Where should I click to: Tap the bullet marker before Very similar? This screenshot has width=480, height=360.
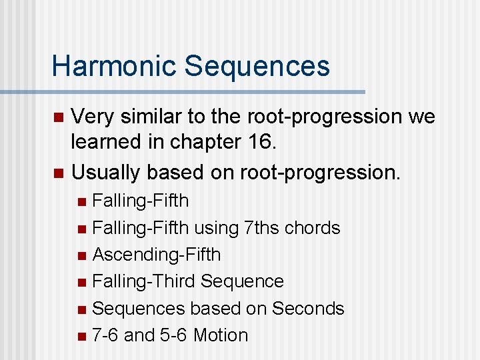pos(58,117)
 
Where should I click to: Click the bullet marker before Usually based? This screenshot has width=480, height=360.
pos(58,173)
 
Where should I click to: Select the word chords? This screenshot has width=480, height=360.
pos(313,228)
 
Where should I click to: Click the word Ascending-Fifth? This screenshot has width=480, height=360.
pos(157,255)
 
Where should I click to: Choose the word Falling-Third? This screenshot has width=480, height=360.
pos(143,281)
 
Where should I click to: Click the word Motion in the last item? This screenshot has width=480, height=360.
pos(220,335)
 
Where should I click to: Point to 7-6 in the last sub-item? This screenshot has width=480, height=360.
pos(106,335)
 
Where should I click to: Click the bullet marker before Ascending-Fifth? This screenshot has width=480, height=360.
pos(81,255)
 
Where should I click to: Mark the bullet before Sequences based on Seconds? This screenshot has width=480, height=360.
pos(81,309)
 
